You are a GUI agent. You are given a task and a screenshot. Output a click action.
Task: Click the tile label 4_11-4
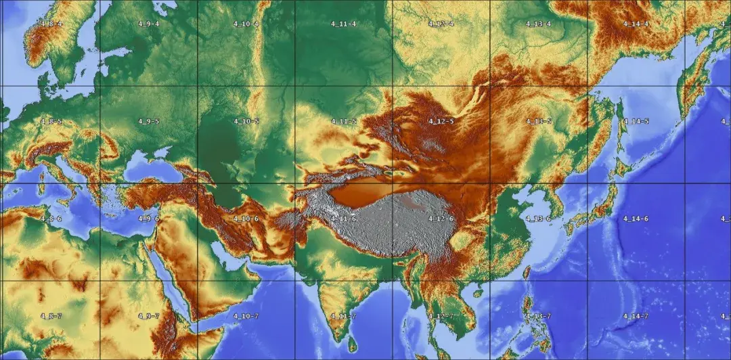(x=344, y=24)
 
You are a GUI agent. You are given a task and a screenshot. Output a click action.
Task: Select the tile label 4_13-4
(x=538, y=24)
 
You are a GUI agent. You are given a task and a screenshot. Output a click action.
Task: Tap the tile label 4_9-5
(x=149, y=121)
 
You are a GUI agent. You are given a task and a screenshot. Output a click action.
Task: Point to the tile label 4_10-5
(x=246, y=121)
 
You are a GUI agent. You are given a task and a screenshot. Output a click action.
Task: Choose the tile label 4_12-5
(x=441, y=121)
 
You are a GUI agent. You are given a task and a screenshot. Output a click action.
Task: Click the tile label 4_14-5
(x=636, y=121)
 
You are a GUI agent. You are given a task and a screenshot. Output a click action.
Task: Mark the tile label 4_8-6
(x=51, y=219)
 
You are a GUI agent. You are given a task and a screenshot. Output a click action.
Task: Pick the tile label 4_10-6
(x=246, y=219)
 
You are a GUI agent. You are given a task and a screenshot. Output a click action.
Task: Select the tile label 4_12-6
(x=441, y=219)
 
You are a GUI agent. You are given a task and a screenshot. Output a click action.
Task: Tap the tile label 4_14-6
(x=636, y=219)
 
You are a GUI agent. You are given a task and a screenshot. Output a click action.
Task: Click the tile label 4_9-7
(x=149, y=316)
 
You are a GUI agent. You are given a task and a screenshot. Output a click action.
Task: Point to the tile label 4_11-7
(x=344, y=316)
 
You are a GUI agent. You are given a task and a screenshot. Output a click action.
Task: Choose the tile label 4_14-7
(x=636, y=316)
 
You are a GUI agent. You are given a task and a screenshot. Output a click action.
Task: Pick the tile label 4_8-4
(x=51, y=24)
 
